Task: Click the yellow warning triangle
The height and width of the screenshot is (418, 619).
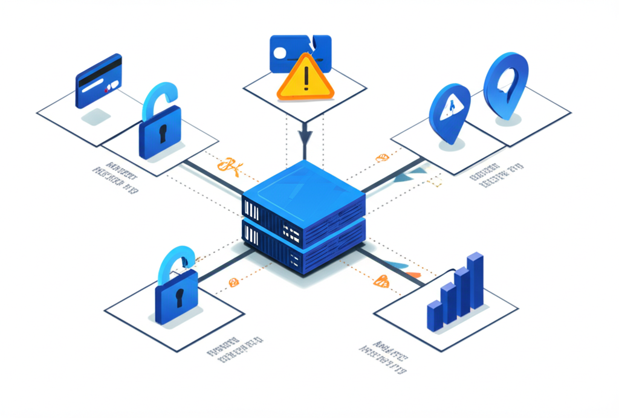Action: pyautogui.click(x=305, y=79)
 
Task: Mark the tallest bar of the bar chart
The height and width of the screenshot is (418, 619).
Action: pyautogui.click(x=476, y=281)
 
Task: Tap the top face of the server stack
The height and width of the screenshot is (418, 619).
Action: pyautogui.click(x=303, y=184)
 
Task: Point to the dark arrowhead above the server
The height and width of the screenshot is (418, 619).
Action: pyautogui.click(x=305, y=137)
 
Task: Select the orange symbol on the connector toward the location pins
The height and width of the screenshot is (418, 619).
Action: pyautogui.click(x=382, y=159)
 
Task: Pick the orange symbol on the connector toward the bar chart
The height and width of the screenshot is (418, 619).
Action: pyautogui.click(x=381, y=280)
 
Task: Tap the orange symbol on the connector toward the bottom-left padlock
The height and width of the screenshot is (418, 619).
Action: pyautogui.click(x=233, y=281)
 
